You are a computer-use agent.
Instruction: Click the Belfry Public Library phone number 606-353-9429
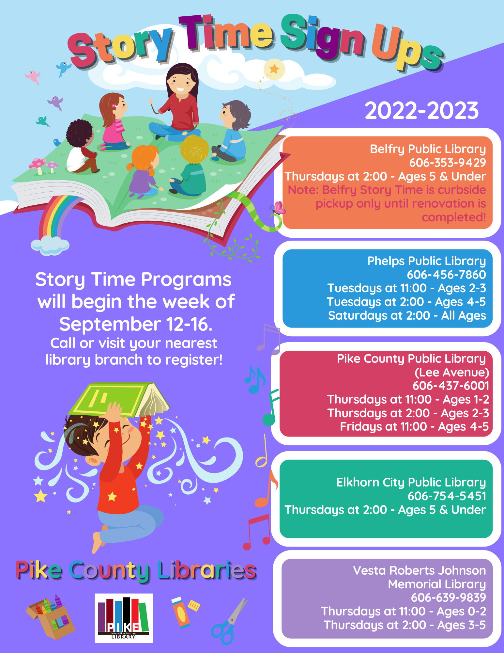point(448,163)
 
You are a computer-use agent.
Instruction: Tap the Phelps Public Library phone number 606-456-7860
point(446,275)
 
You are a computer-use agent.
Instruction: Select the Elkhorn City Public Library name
point(411,482)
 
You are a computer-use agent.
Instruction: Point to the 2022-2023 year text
point(422,110)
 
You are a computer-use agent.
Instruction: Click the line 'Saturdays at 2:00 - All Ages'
point(407,315)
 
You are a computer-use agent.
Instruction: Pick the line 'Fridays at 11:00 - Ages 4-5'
point(414,426)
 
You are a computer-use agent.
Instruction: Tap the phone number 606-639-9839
point(448,597)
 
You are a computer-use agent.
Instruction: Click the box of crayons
point(51,616)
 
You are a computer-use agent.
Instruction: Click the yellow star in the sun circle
point(274,69)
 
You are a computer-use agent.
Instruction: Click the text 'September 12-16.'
point(136,324)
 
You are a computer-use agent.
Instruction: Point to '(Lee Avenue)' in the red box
point(452,372)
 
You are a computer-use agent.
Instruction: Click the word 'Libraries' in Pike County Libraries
point(207,570)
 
